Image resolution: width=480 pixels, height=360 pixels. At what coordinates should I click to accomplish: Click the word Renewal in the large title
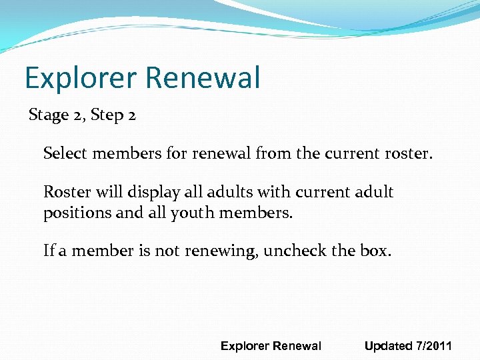[x=202, y=78]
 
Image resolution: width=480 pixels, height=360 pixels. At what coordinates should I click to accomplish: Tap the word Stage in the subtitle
[x=49, y=115]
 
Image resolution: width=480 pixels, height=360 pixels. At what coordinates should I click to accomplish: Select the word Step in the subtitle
[x=106, y=115]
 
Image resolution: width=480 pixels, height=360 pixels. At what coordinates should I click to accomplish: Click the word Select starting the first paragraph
[x=66, y=155]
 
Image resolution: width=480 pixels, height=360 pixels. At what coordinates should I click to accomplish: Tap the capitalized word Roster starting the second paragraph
[x=66, y=193]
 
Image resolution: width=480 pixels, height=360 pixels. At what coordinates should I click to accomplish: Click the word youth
[x=199, y=214]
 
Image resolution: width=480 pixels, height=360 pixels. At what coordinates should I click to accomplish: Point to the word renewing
[x=224, y=251]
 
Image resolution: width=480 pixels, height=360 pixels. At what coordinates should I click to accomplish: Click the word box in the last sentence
[x=377, y=251]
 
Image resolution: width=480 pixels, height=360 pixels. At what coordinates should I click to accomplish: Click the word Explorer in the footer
[x=245, y=346]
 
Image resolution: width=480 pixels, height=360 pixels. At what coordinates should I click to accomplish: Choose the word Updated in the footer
[x=389, y=346]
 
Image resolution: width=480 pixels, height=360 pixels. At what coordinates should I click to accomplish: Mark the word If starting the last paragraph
[x=48, y=251]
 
